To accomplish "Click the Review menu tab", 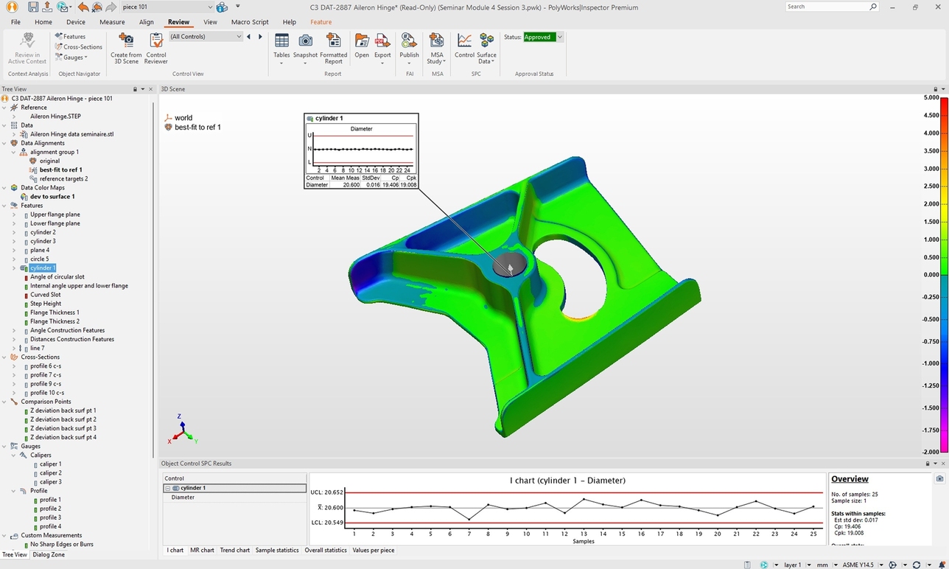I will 178,22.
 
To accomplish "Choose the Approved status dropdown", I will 543,37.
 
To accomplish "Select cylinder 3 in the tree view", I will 43,241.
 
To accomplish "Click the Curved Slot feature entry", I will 45,295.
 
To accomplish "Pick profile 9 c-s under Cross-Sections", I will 45,384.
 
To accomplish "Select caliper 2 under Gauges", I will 50,473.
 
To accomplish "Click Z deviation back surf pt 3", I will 63,428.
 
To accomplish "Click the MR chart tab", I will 202,550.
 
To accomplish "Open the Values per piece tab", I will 373,550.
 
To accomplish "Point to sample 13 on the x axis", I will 584,534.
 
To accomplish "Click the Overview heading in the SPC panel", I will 850,479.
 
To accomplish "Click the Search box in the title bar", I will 827,7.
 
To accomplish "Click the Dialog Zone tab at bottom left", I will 49,554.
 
